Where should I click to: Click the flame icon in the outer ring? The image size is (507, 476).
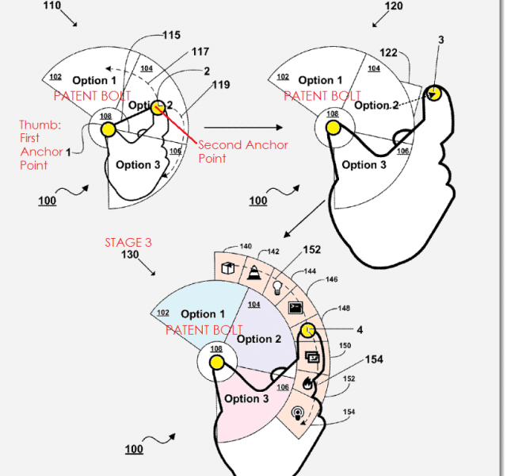click(309, 383)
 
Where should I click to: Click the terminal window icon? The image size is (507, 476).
click(295, 306)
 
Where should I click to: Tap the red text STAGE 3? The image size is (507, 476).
click(128, 242)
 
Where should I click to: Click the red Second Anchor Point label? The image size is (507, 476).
click(242, 152)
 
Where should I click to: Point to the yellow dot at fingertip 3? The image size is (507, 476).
click(434, 94)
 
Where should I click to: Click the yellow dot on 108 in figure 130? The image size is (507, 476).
click(215, 363)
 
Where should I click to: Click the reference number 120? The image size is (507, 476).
click(394, 6)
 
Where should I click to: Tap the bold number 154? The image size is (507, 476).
click(374, 360)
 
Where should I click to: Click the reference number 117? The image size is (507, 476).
click(200, 52)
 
